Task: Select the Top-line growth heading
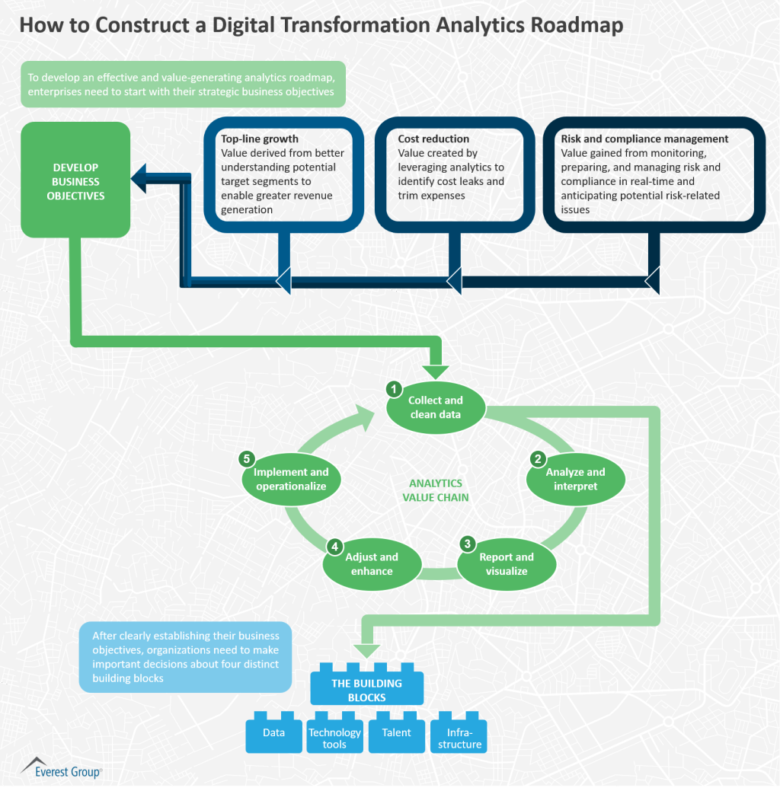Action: (x=260, y=139)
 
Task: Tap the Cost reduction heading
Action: (x=433, y=139)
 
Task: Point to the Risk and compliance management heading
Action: (x=644, y=139)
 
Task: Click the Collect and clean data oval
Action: (x=435, y=407)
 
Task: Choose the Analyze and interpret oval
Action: (x=575, y=479)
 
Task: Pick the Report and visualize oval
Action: (x=506, y=564)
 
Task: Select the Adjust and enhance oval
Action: (x=372, y=564)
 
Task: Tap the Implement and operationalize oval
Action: (x=291, y=479)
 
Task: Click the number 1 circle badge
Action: (x=395, y=389)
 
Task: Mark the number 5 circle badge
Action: (x=246, y=458)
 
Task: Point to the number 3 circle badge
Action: (x=468, y=544)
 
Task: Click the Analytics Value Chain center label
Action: (x=436, y=490)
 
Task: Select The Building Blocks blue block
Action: (x=366, y=690)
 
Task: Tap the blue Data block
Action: (x=273, y=733)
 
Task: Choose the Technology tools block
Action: (x=334, y=738)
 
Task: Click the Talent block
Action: (x=396, y=733)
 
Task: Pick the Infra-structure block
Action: (x=459, y=738)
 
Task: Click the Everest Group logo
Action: (x=61, y=768)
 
